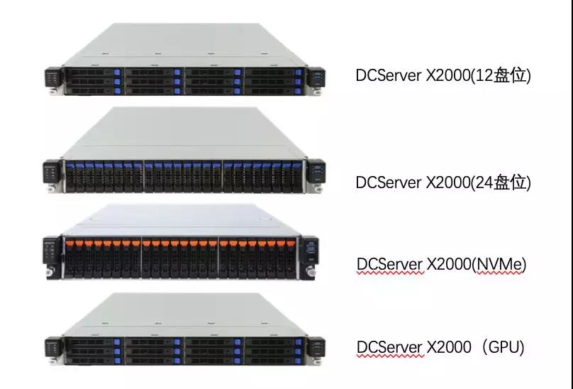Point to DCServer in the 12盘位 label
(x=387, y=75)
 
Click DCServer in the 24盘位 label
(x=387, y=182)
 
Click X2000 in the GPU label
(x=448, y=347)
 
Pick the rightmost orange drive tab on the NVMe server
(x=291, y=243)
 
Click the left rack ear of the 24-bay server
(x=50, y=175)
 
